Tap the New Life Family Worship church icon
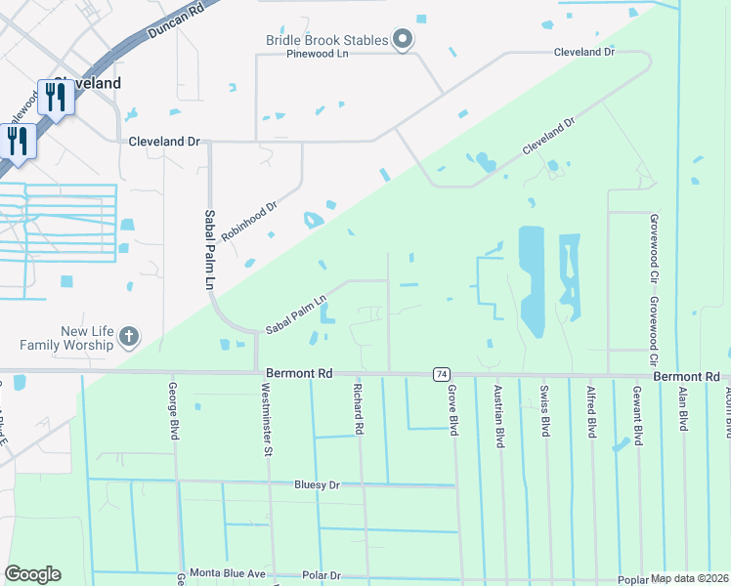[128, 339]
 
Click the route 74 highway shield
[443, 375]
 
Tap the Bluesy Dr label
[317, 484]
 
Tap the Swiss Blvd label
[544, 412]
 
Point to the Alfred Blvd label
[591, 412]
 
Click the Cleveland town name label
[88, 83]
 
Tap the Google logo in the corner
[32, 574]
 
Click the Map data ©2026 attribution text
[689, 578]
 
